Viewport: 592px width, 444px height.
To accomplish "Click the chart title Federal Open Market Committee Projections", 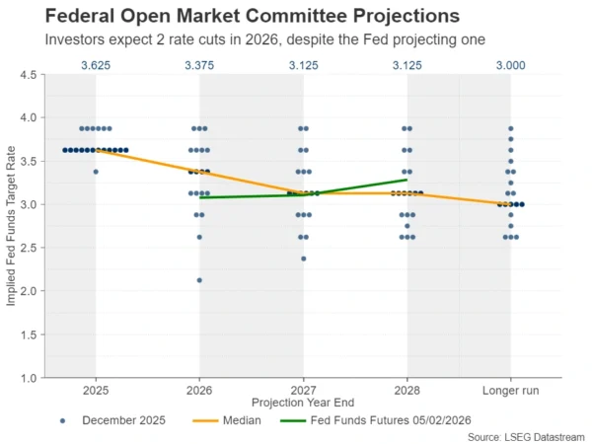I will click(x=238, y=17).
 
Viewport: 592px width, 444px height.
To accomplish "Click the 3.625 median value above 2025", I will click(x=96, y=66).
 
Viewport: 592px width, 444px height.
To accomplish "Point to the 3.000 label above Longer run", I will click(x=510, y=66).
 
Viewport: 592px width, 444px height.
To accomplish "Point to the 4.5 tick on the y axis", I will click(x=28, y=75).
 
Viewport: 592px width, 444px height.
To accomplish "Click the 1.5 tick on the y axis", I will click(x=28, y=334).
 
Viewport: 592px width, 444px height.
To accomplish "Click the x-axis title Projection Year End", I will click(x=303, y=403).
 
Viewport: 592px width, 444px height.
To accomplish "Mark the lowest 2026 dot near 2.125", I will click(x=199, y=280).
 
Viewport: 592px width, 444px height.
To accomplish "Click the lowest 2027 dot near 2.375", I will click(x=303, y=259).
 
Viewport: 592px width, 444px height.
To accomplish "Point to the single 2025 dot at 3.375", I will click(x=96, y=172).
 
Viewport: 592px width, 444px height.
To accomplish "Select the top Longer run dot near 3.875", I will click(x=510, y=128).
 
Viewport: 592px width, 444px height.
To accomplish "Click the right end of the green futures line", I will click(x=407, y=180).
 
